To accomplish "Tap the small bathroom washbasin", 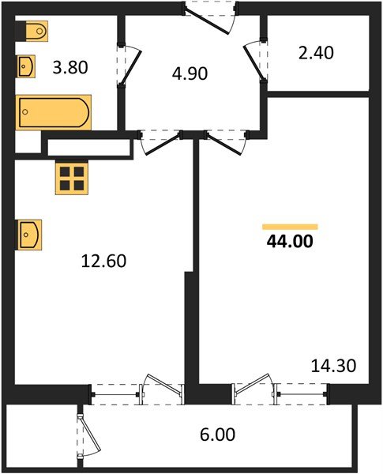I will coord(26,66).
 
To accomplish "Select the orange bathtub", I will coord(53,112).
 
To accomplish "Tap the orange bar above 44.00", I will coord(290,226).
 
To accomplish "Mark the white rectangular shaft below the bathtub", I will coord(86,147).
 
